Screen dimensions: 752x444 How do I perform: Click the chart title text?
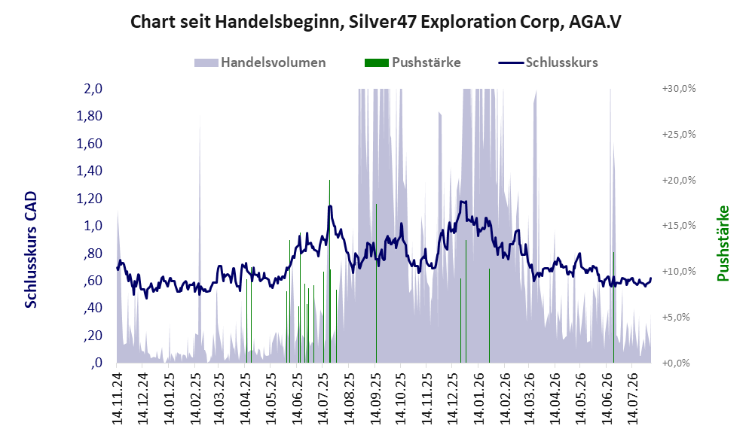pos(375,22)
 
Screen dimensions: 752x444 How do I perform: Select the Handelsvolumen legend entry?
pos(260,62)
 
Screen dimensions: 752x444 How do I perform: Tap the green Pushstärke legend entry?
pos(412,62)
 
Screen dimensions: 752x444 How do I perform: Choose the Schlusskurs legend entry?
pos(548,62)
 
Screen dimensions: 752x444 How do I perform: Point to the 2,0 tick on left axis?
pos(93,89)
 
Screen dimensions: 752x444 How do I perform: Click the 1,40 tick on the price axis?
pos(90,171)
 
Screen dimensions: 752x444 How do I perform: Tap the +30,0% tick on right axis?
pos(679,89)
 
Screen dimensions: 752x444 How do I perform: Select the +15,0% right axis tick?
pos(679,226)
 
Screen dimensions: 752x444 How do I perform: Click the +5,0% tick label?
pos(676,317)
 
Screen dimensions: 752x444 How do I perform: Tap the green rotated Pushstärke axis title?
pos(723,243)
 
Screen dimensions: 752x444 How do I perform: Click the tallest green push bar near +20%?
pos(329,271)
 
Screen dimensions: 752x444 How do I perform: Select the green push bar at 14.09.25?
pos(376,283)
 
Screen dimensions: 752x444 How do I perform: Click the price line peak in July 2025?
pos(330,206)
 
